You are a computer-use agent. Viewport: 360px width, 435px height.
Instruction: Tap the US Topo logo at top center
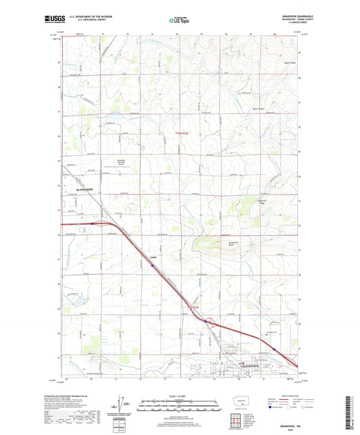179,21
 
